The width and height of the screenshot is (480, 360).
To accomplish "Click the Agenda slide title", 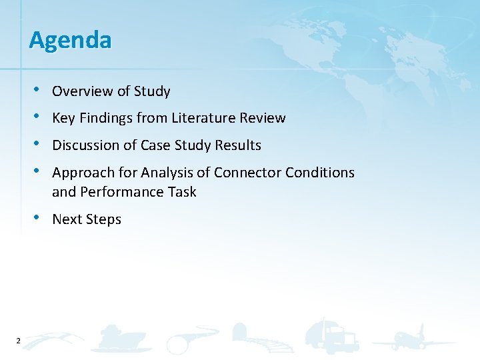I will (70, 41).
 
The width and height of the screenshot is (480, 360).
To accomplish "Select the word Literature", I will (203, 118).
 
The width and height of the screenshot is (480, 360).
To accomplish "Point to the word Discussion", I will (85, 145).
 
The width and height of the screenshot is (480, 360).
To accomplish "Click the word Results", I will (239, 145).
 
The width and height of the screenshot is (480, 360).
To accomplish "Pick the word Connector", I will (248, 173).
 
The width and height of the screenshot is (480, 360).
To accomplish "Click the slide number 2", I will (18, 341).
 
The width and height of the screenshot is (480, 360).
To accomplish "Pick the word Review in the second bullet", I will (265, 118).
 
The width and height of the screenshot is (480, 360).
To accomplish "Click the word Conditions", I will (320, 173).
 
